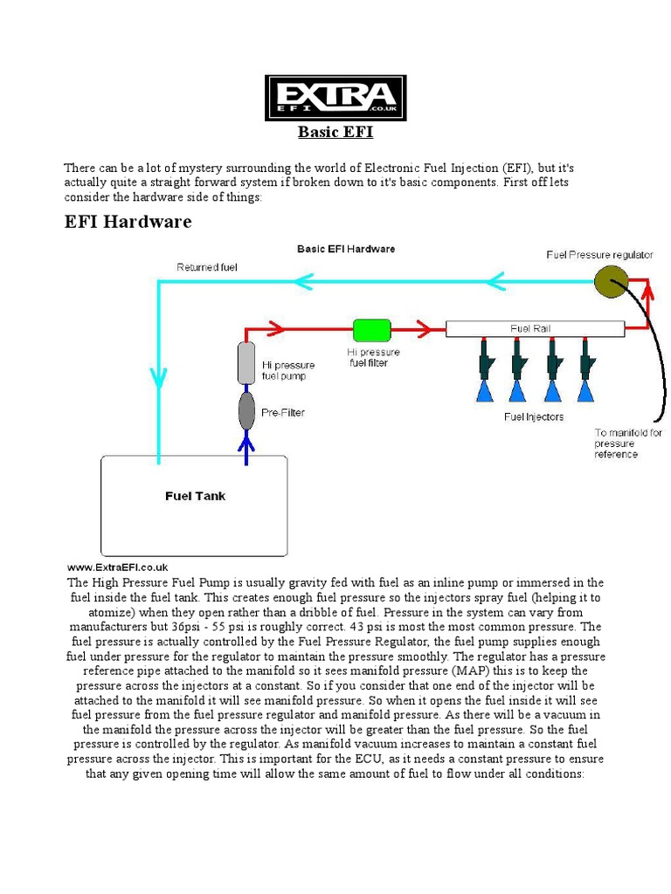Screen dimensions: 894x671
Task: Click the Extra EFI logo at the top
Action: pyautogui.click(x=335, y=98)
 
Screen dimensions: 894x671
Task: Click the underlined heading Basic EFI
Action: pyautogui.click(x=335, y=133)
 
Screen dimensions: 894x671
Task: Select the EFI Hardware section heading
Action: pyautogui.click(x=128, y=222)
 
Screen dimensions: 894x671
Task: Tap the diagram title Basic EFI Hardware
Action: pyautogui.click(x=346, y=249)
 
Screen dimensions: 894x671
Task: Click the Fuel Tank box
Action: pyautogui.click(x=195, y=505)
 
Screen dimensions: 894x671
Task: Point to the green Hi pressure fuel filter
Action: pyautogui.click(x=371, y=329)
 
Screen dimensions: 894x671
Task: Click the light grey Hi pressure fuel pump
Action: pyautogui.click(x=246, y=363)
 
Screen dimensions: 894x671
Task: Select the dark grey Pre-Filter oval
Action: pyautogui.click(x=246, y=411)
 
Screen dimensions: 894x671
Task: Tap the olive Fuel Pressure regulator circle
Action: pyautogui.click(x=611, y=281)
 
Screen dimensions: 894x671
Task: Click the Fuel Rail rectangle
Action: pyautogui.click(x=535, y=329)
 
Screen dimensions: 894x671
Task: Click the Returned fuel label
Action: pyautogui.click(x=207, y=267)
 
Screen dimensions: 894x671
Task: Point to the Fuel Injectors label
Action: pyautogui.click(x=534, y=416)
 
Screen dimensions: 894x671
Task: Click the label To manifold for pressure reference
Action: pyautogui.click(x=628, y=444)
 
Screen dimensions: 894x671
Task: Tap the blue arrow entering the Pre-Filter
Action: pyautogui.click(x=246, y=442)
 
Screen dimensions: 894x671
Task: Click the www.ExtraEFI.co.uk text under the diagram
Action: pyautogui.click(x=117, y=567)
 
